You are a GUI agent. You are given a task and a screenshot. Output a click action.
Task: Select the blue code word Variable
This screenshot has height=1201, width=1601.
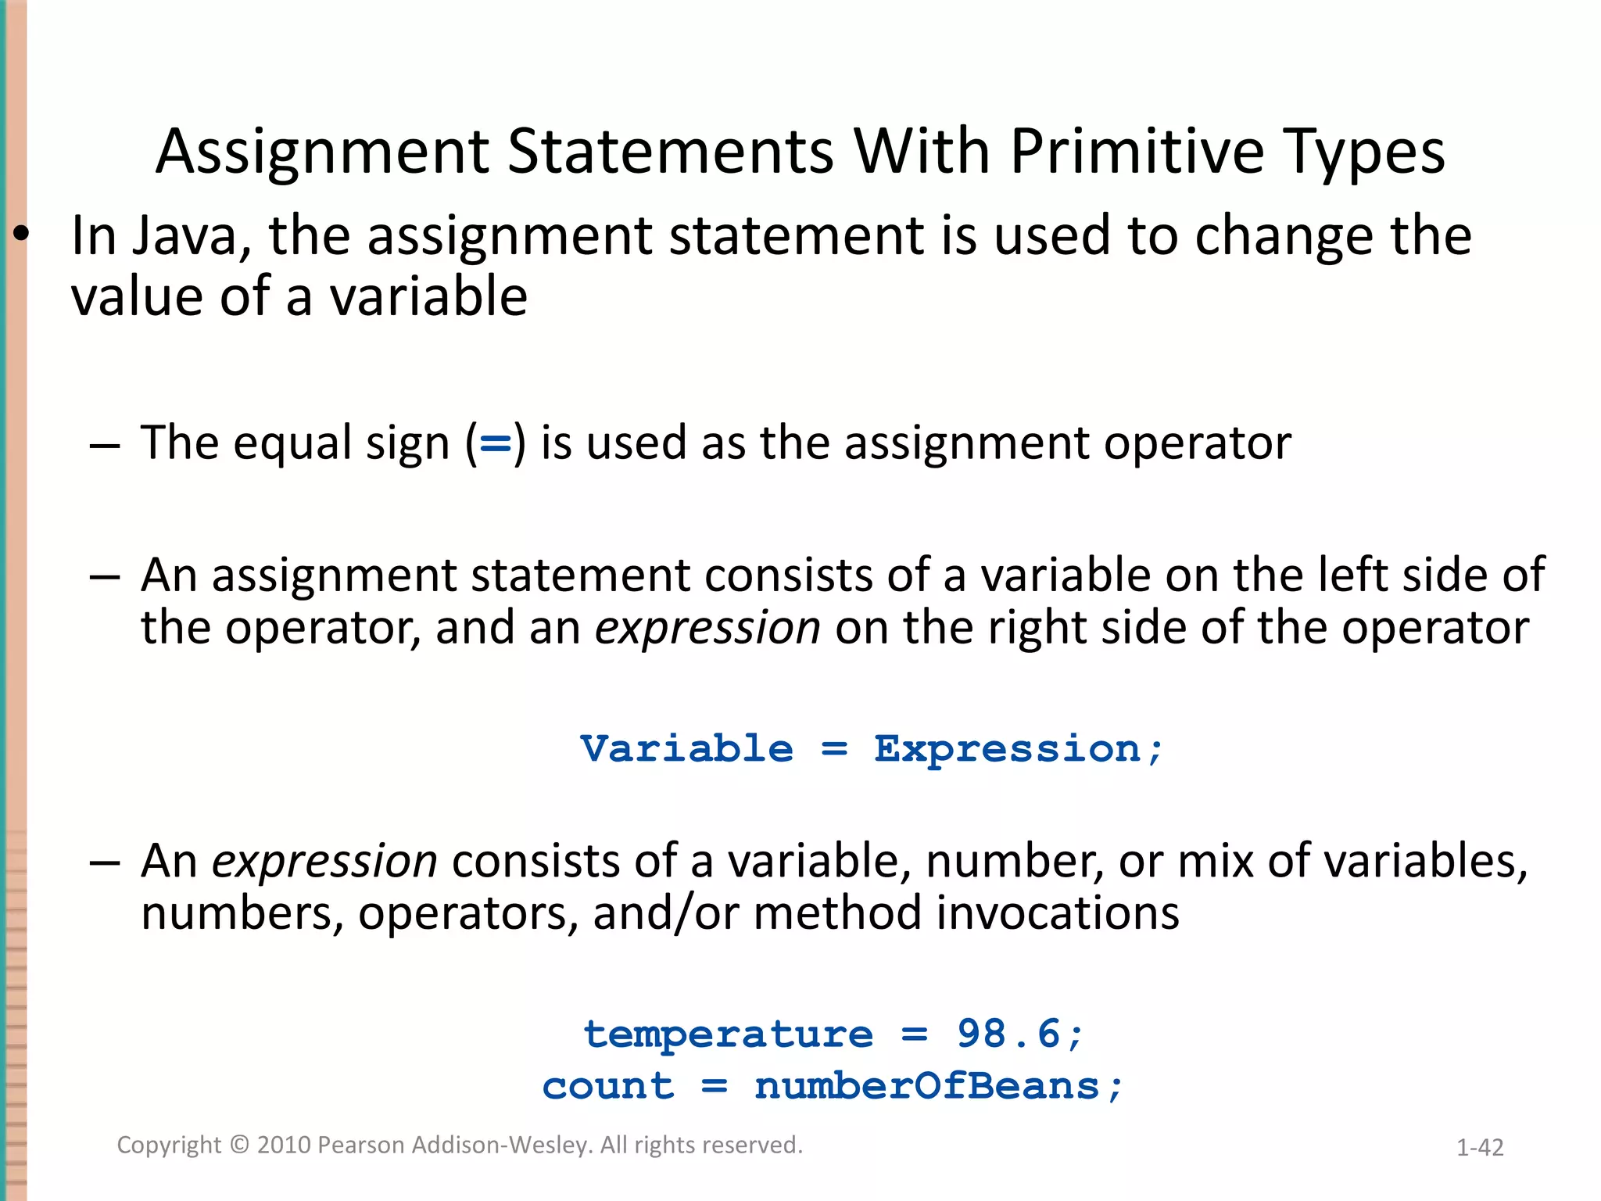pos(686,749)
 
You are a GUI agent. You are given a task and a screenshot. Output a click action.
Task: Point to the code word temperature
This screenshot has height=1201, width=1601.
pos(728,1035)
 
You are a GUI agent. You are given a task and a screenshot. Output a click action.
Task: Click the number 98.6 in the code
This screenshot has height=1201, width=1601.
pos(1009,1034)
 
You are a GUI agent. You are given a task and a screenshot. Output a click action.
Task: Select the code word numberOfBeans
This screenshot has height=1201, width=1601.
pos(927,1087)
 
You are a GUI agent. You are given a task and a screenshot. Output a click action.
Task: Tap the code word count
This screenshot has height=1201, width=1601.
pos(607,1087)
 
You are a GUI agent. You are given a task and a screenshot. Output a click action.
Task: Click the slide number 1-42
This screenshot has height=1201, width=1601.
pos(1480,1147)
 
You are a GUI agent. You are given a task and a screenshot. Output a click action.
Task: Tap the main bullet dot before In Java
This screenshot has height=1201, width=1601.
pos(21,234)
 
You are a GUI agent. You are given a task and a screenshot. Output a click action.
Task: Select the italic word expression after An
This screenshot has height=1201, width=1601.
pos(324,862)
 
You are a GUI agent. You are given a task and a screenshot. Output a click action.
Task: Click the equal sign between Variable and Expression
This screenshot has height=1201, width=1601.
pos(834,750)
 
